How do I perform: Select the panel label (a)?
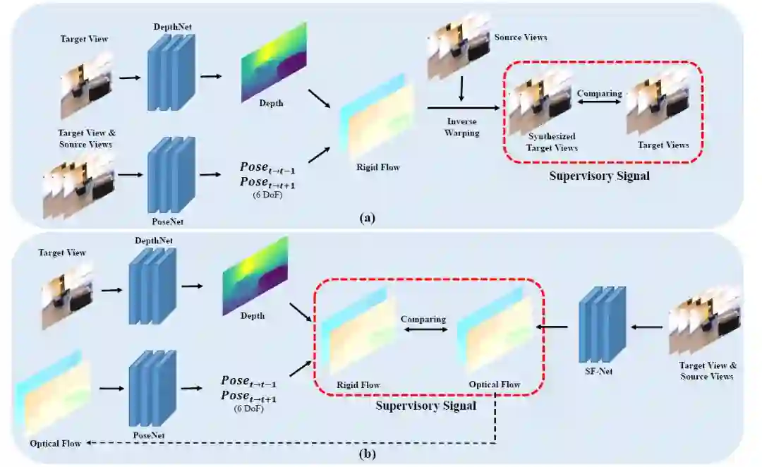pos(368,218)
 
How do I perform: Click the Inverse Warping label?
pos(462,126)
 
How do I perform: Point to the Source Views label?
pos(521,37)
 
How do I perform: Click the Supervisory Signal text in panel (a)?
pos(599,176)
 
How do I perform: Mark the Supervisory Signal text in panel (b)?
pos(425,406)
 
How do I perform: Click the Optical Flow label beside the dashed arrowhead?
pos(54,443)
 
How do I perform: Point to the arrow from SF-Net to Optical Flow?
pos(552,327)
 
